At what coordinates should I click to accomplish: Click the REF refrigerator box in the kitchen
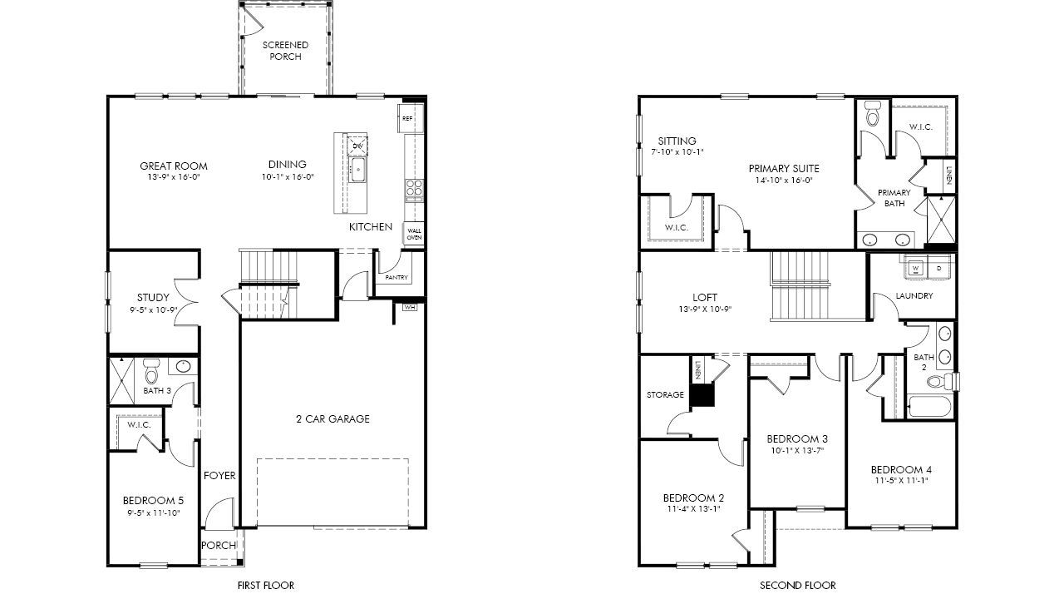tap(407, 118)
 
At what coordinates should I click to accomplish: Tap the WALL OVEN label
tap(414, 234)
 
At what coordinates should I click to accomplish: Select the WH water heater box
tap(410, 308)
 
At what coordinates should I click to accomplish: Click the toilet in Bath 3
tap(151, 371)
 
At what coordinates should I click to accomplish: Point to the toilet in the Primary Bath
tap(872, 113)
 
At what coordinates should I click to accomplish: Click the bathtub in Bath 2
tap(930, 407)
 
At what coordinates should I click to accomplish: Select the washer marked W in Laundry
tap(915, 269)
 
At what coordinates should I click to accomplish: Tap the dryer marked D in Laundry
tap(938, 269)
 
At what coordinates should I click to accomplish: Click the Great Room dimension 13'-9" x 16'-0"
tap(174, 177)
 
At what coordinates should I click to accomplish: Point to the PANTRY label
tap(397, 277)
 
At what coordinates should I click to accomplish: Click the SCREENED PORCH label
tap(285, 51)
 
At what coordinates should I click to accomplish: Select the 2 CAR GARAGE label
tap(332, 418)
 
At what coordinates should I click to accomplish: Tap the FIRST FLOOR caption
tap(266, 585)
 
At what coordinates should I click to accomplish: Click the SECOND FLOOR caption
tap(798, 585)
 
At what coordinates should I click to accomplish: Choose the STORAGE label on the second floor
tap(665, 394)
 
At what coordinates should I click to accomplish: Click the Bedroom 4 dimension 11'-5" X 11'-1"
tap(901, 481)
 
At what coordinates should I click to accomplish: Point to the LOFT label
tap(705, 298)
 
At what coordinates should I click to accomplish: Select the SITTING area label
tap(677, 141)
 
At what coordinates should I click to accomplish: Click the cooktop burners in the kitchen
tap(414, 187)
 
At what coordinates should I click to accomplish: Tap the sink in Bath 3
tap(183, 366)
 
